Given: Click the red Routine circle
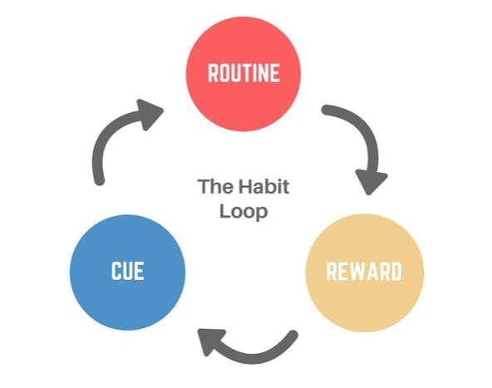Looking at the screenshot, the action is (244, 74).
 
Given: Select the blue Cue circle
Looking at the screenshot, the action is (128, 273).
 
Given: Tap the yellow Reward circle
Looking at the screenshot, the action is (365, 273).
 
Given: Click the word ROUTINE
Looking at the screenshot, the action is (244, 73).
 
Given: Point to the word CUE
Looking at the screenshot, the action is (128, 270).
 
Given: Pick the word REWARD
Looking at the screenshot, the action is (364, 271).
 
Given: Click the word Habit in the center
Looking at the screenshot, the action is (263, 186).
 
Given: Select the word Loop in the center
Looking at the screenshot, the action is (244, 211).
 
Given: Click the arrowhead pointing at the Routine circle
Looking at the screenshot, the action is (149, 114).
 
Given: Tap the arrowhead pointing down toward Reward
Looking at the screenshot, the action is (371, 182).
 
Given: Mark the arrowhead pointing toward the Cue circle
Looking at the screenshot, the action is (209, 341).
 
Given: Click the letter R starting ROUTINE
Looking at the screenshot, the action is (214, 73).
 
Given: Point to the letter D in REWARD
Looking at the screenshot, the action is (396, 271).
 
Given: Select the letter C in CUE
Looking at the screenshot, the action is (116, 270).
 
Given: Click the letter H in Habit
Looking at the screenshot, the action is (245, 186).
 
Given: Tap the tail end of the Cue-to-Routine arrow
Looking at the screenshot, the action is (99, 181).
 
